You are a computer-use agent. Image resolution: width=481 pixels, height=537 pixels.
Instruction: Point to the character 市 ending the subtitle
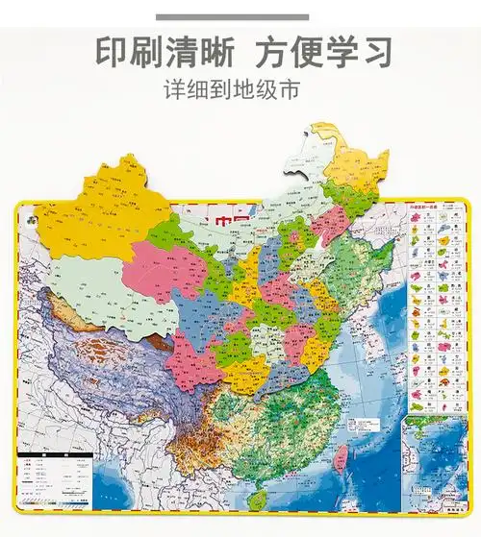pyautogui.click(x=290, y=91)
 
